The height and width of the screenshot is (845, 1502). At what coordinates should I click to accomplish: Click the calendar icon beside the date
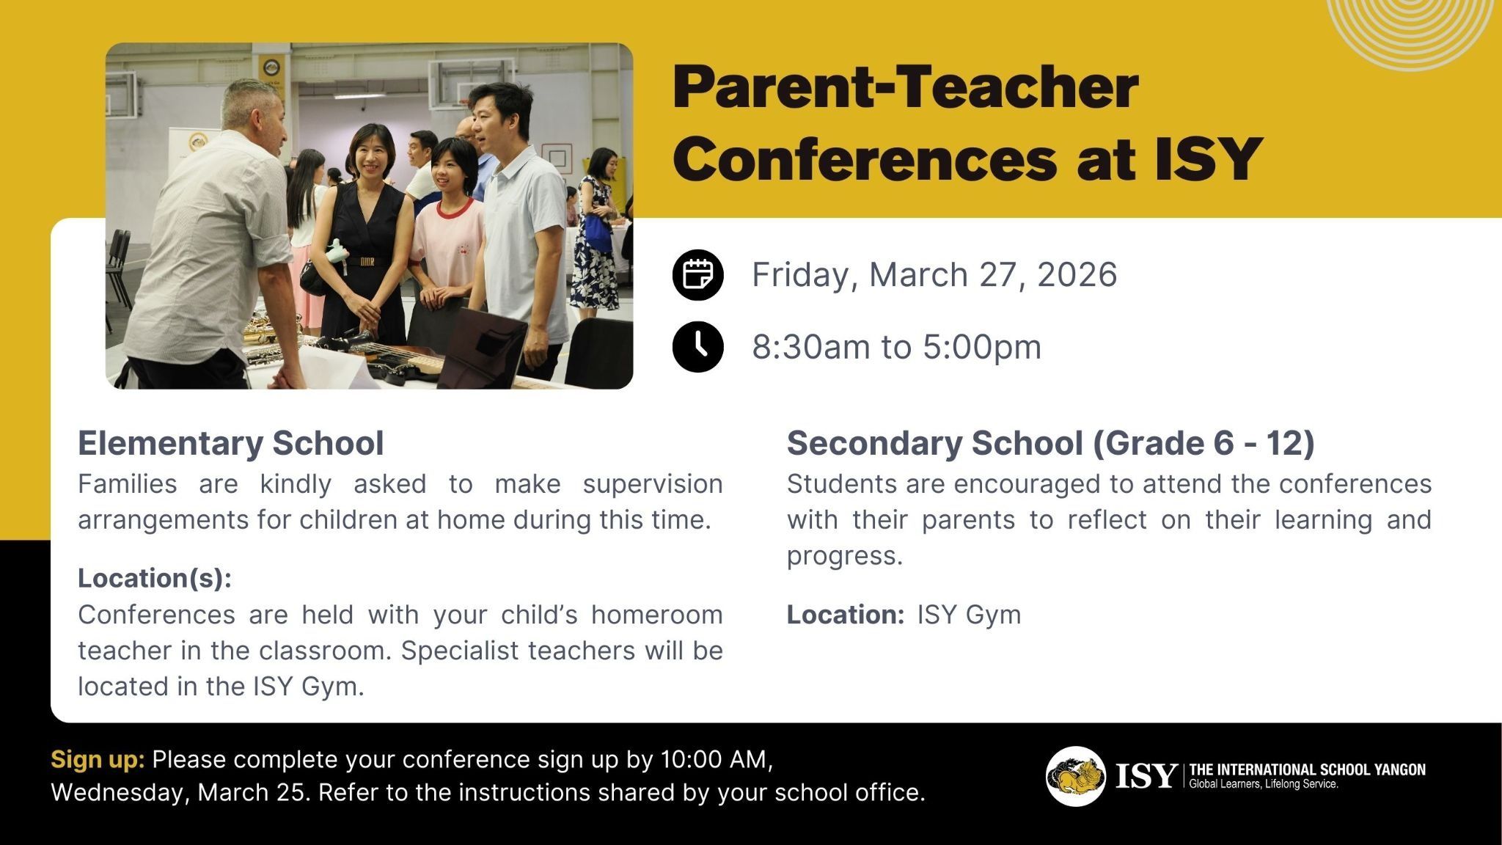(x=697, y=274)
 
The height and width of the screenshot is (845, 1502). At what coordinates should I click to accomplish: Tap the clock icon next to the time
(x=697, y=346)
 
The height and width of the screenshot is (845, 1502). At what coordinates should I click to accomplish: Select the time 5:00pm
(x=982, y=347)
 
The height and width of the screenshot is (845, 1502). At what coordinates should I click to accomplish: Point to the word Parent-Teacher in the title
(x=906, y=87)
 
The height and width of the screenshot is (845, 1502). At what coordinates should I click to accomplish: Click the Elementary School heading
(x=231, y=443)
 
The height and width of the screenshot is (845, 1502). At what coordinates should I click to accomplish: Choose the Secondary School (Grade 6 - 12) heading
(x=1050, y=443)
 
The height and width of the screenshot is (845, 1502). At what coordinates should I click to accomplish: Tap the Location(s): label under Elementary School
(x=155, y=578)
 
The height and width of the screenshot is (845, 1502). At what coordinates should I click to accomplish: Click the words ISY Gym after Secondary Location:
(x=969, y=615)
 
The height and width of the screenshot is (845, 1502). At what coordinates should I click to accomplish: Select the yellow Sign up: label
(x=98, y=760)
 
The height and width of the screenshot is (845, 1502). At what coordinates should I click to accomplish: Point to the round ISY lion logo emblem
(x=1076, y=776)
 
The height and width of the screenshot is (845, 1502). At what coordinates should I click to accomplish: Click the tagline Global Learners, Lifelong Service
(x=1264, y=784)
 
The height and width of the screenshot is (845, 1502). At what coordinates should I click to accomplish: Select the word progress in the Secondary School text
(x=843, y=556)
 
